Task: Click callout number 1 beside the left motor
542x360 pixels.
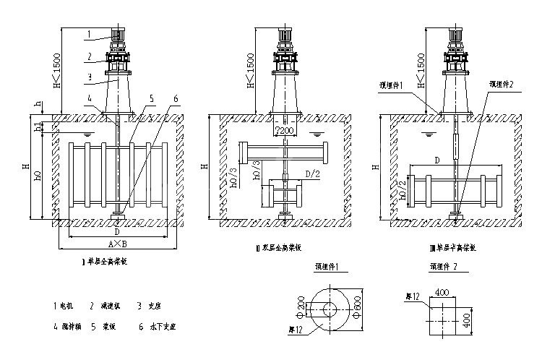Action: point(89,33)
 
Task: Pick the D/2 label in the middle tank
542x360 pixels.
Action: point(312,175)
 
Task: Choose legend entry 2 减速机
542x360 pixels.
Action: point(105,306)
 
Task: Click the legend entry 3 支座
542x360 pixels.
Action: point(148,306)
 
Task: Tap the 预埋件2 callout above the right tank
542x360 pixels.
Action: point(501,85)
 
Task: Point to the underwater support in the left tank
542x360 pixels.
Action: point(117,215)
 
